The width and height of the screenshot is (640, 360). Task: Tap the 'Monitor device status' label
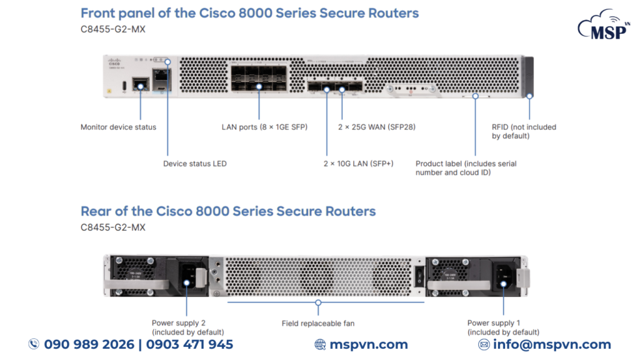click(118, 127)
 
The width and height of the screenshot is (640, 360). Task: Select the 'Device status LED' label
click(194, 164)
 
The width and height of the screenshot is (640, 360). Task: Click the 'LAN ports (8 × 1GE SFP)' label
click(264, 127)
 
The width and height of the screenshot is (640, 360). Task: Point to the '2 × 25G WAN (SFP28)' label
click(377, 127)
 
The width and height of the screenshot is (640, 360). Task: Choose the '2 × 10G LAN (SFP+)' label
click(358, 164)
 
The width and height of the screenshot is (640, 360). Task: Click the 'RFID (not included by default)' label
click(524, 131)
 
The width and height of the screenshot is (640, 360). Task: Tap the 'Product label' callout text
click(466, 168)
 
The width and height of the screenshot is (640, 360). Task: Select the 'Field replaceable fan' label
click(318, 324)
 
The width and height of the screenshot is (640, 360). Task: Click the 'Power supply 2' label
click(187, 327)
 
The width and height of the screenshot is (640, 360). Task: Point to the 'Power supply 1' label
click(503, 327)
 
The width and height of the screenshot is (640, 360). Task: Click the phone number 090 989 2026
click(89, 344)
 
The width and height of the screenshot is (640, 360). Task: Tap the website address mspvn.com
click(368, 344)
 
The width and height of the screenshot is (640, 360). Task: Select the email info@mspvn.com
click(552, 344)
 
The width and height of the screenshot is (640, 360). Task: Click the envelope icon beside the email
click(484, 344)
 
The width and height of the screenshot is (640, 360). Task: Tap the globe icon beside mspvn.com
click(320, 344)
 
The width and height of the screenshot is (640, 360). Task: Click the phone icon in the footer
click(34, 344)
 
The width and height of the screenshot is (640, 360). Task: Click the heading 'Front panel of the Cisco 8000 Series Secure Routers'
click(249, 13)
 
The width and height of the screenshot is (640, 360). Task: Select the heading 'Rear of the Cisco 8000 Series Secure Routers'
click(228, 211)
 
